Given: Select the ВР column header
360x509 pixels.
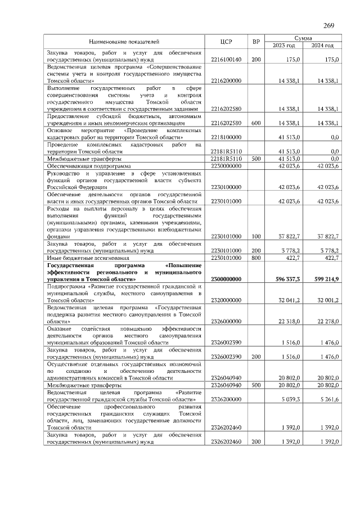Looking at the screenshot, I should (x=256, y=42).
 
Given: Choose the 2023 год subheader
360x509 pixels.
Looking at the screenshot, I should (x=284, y=46).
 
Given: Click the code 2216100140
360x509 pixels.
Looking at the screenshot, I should (x=226, y=59).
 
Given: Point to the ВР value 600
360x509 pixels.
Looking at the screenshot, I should (x=256, y=123).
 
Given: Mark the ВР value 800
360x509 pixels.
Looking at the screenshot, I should (x=256, y=258).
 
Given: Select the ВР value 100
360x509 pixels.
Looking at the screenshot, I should (x=256, y=237).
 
